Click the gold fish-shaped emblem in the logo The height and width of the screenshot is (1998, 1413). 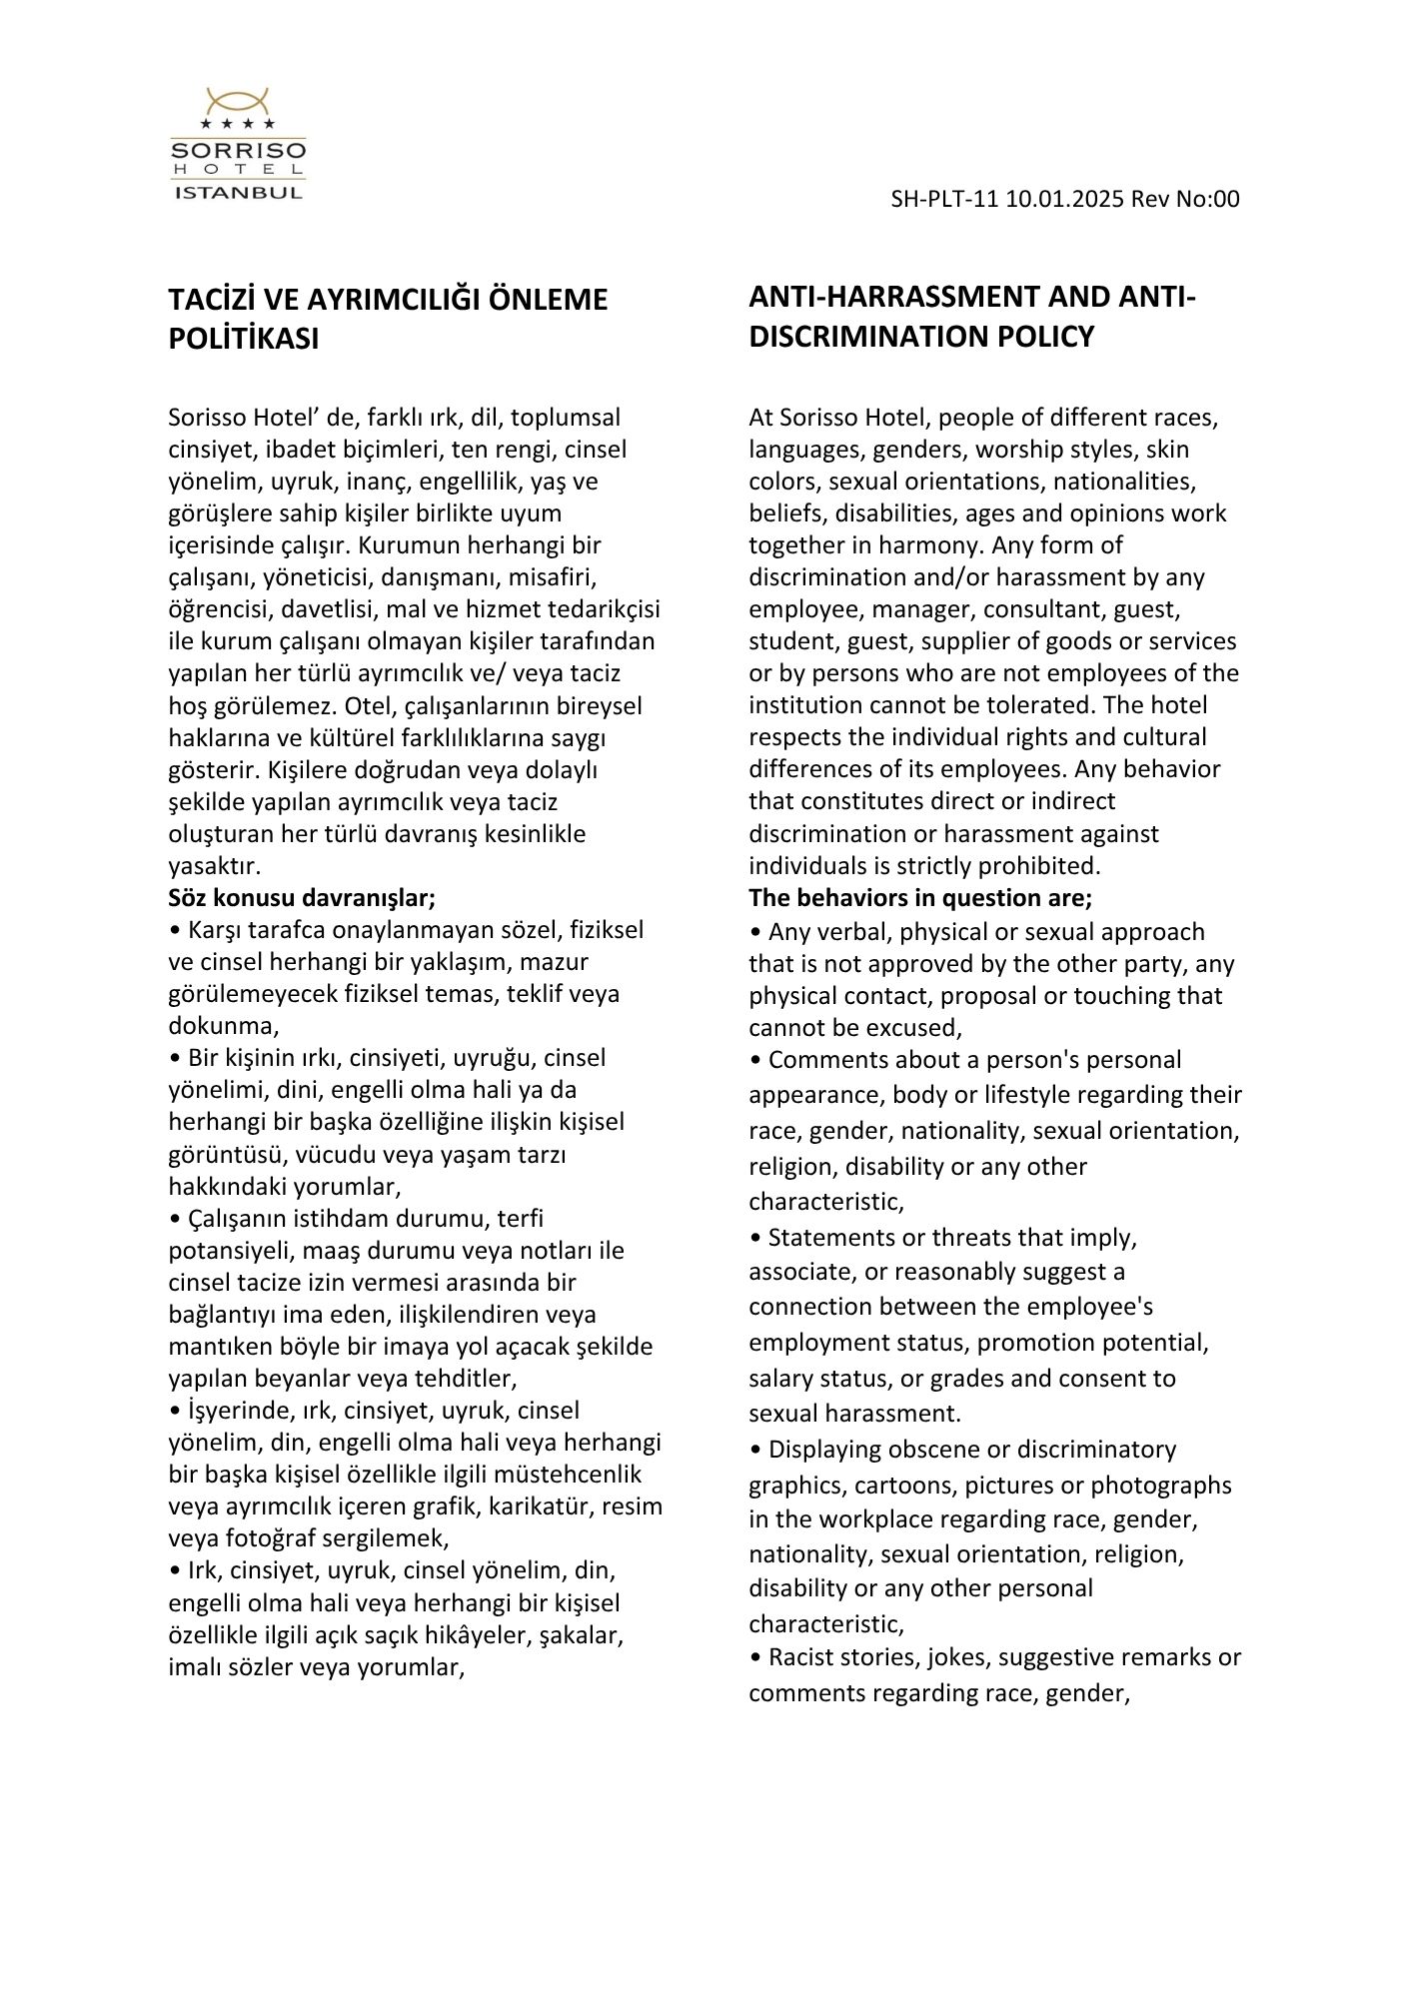(x=238, y=101)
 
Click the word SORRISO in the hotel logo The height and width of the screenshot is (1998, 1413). (x=238, y=151)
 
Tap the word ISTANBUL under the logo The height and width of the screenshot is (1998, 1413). (x=238, y=192)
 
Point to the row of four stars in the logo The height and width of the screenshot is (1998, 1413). (x=238, y=124)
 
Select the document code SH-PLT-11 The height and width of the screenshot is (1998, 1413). (x=944, y=199)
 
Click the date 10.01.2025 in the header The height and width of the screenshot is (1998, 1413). (x=1065, y=199)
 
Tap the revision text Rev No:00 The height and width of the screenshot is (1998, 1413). (x=1185, y=199)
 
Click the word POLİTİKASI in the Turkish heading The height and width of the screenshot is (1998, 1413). (x=243, y=340)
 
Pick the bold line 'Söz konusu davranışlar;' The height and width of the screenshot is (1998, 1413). (x=302, y=897)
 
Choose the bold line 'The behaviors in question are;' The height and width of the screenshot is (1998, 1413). (x=920, y=897)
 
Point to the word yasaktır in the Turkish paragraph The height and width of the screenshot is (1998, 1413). (x=214, y=865)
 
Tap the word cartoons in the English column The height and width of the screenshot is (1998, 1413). (x=899, y=1485)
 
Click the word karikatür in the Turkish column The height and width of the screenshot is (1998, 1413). (x=538, y=1505)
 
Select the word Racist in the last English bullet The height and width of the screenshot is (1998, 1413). (x=801, y=1657)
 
